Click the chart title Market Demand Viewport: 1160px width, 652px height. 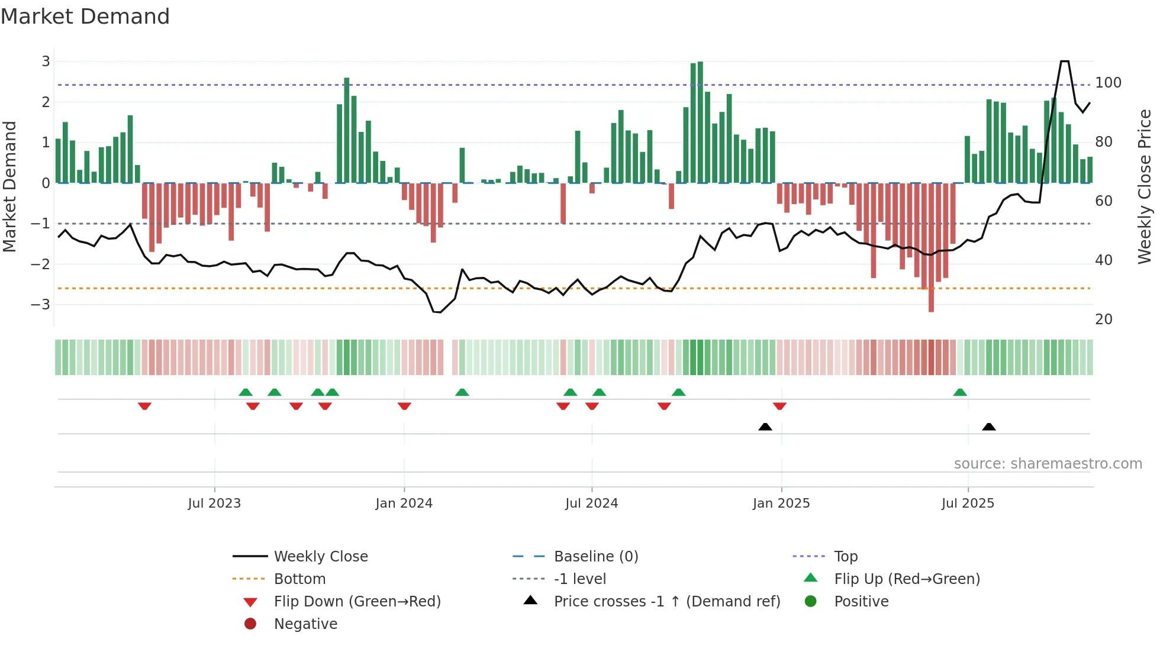pos(85,17)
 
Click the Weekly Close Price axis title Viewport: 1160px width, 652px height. pos(1144,186)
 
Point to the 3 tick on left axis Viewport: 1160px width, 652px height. pos(46,62)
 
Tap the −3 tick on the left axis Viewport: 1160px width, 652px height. pos(41,305)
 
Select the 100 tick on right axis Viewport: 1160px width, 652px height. pos(1108,83)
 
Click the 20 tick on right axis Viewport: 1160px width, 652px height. pos(1104,319)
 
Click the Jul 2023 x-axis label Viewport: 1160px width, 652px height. pos(214,503)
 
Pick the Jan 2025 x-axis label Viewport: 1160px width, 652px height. pos(781,503)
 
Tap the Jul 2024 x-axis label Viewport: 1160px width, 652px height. pos(591,503)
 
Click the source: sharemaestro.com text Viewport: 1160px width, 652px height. pos(1048,464)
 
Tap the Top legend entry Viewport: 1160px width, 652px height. pos(846,557)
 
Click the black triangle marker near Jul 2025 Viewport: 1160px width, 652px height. pos(988,427)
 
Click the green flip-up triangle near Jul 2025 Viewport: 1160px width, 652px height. pos(960,392)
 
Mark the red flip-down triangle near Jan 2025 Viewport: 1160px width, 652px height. pos(779,406)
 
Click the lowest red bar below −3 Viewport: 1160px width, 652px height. pos(931,305)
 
